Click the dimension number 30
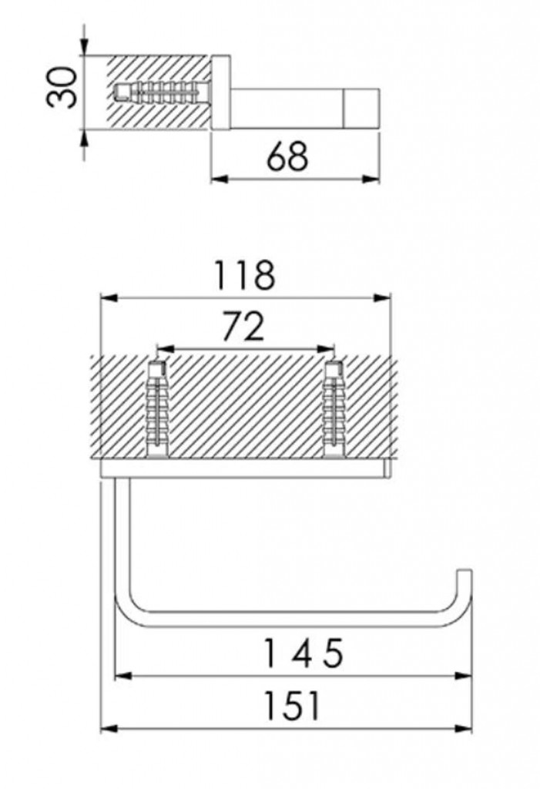62,88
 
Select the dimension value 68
287,156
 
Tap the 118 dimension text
245,275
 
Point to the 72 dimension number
243,326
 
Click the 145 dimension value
304,653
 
